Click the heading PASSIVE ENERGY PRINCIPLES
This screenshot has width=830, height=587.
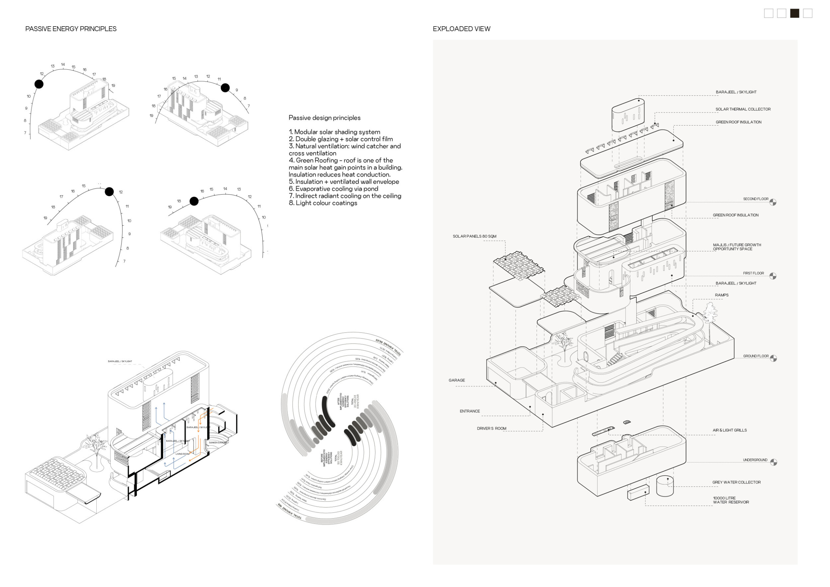[71, 29]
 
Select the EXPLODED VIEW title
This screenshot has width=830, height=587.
[461, 29]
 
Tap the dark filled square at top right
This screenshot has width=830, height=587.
[794, 13]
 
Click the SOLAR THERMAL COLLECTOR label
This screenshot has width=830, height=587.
[743, 109]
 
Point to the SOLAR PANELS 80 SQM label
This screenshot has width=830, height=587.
[474, 236]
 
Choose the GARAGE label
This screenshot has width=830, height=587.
[456, 380]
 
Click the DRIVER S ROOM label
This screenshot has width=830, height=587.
[491, 429]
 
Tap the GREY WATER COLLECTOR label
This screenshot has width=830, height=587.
[736, 482]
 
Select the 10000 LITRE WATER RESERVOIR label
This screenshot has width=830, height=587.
[731, 500]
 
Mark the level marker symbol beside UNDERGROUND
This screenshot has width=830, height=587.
[773, 462]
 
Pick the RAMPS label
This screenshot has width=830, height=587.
[721, 295]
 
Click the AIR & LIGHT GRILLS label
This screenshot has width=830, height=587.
[729, 430]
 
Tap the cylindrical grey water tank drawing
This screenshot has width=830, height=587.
[665, 486]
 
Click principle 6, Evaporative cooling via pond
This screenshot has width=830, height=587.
[337, 189]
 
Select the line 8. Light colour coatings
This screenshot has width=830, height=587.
[323, 203]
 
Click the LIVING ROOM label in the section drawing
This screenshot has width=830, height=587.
[183, 454]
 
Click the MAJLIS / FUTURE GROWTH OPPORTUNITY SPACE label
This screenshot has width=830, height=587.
[737, 247]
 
